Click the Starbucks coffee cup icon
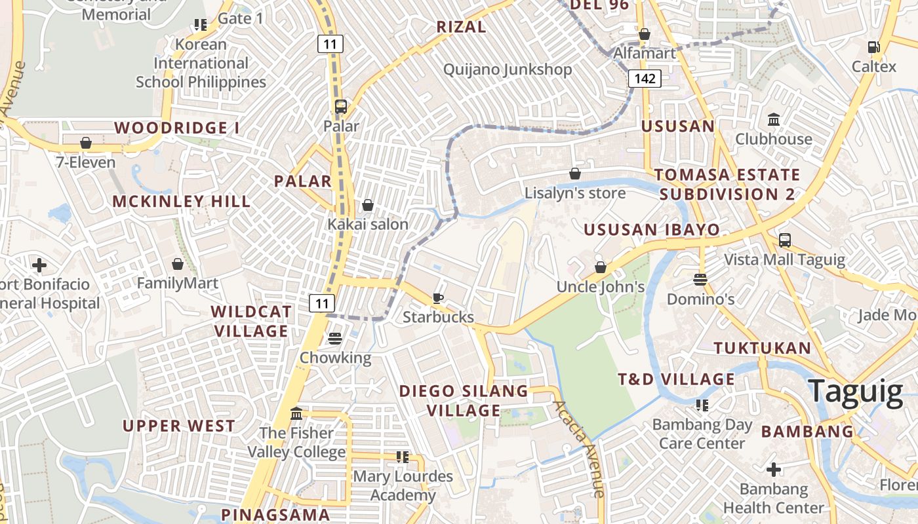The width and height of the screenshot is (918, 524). tap(438, 299)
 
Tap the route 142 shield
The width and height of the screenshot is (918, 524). tap(645, 79)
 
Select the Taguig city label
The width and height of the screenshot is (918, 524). tap(855, 392)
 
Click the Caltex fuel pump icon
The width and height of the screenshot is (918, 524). tap(873, 47)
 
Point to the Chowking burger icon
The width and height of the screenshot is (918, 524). tap(335, 339)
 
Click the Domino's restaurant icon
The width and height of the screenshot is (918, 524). tap(700, 280)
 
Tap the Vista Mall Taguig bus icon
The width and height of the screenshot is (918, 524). tap(784, 240)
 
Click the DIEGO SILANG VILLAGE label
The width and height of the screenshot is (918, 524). tap(464, 400)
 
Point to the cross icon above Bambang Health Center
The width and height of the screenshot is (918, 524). tap(773, 470)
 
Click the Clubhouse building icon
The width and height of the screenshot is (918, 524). tap(773, 120)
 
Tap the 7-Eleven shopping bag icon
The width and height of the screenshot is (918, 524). tap(86, 143)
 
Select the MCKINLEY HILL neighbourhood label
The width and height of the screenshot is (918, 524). tap(182, 201)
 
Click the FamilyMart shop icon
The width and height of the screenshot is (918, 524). tap(177, 264)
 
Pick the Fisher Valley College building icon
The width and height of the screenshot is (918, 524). tap(296, 414)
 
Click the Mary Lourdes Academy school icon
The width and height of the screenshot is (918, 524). tap(402, 457)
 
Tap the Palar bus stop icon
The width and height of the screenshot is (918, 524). tap(341, 107)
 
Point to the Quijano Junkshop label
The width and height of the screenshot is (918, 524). tap(508, 69)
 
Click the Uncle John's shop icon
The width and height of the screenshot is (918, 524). tap(600, 267)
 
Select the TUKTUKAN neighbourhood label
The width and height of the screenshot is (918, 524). tap(763, 348)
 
